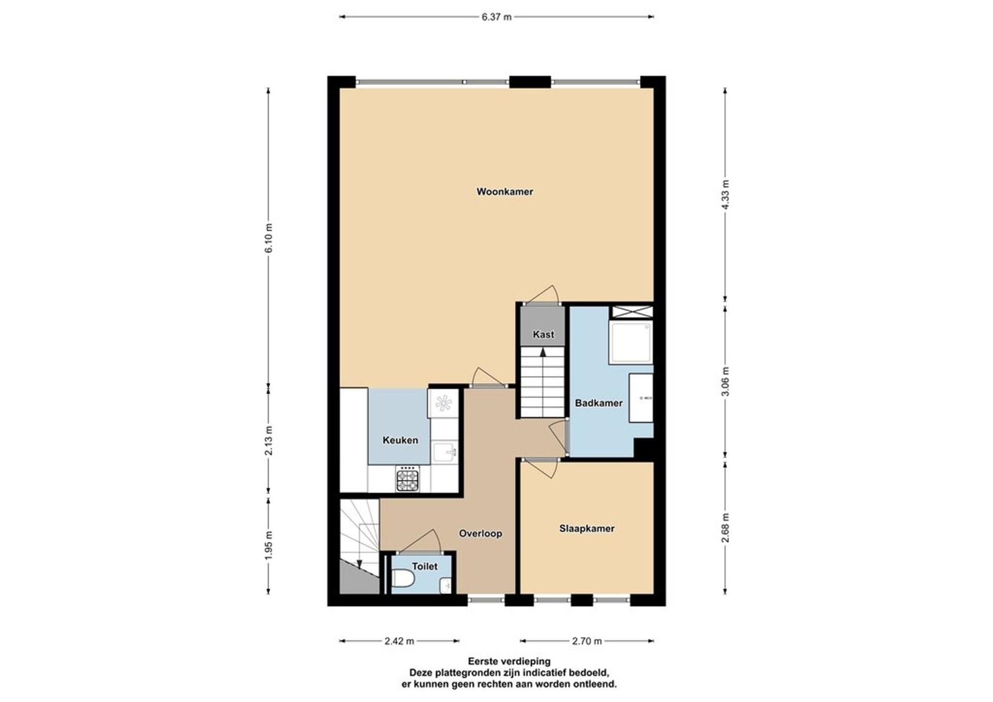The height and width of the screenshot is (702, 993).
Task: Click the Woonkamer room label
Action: (505, 192)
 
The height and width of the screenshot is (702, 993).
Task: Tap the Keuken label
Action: (400, 440)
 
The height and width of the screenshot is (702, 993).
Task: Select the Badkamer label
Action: (599, 403)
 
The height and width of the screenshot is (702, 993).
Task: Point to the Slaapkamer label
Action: (587, 529)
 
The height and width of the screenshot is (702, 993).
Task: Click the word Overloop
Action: (480, 533)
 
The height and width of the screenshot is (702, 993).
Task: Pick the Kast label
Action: (543, 334)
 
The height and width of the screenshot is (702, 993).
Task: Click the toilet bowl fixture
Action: (402, 579)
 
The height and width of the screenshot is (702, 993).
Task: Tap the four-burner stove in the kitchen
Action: (408, 479)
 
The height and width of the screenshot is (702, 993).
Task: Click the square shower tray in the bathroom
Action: (630, 342)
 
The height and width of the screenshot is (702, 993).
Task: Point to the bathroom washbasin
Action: (641, 398)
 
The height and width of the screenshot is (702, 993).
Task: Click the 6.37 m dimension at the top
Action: (496, 17)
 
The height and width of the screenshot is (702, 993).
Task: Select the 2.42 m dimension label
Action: (399, 642)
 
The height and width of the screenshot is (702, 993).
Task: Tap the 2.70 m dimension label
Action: (587, 642)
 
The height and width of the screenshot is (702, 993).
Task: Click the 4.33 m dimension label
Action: (725, 194)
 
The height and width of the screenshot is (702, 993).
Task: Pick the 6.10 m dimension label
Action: (268, 238)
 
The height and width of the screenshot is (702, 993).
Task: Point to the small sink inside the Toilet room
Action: (446, 586)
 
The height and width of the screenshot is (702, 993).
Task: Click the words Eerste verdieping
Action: (509, 661)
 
